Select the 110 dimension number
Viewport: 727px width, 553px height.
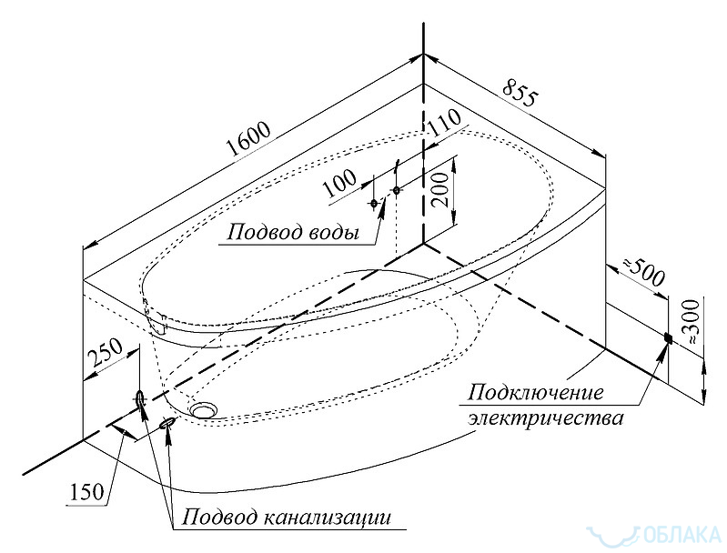click(x=443, y=128)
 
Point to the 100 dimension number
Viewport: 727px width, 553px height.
click(x=341, y=182)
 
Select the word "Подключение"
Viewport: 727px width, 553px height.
click(x=536, y=394)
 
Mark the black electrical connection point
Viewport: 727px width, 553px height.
click(x=667, y=338)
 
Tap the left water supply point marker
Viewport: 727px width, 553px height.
click(x=375, y=203)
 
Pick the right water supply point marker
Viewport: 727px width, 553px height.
click(x=396, y=190)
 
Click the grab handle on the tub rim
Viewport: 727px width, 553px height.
click(x=154, y=317)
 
